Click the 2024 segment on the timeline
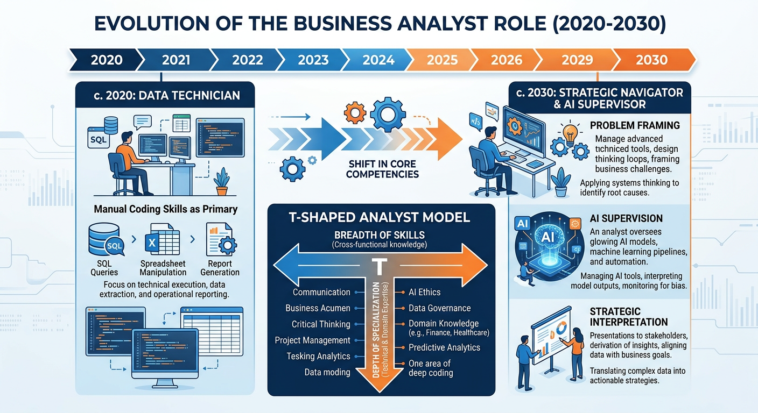(378, 60)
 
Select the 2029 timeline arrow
(577, 60)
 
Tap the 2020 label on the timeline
(106, 60)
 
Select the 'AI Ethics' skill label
(424, 292)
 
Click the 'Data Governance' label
(439, 308)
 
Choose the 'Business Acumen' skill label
(318, 308)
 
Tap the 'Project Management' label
(312, 340)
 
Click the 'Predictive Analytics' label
(444, 347)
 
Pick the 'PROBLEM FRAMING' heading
(635, 125)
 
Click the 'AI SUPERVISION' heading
(626, 219)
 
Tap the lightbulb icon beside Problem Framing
(570, 132)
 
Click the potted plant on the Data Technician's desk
(221, 181)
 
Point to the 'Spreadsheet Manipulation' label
(163, 268)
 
